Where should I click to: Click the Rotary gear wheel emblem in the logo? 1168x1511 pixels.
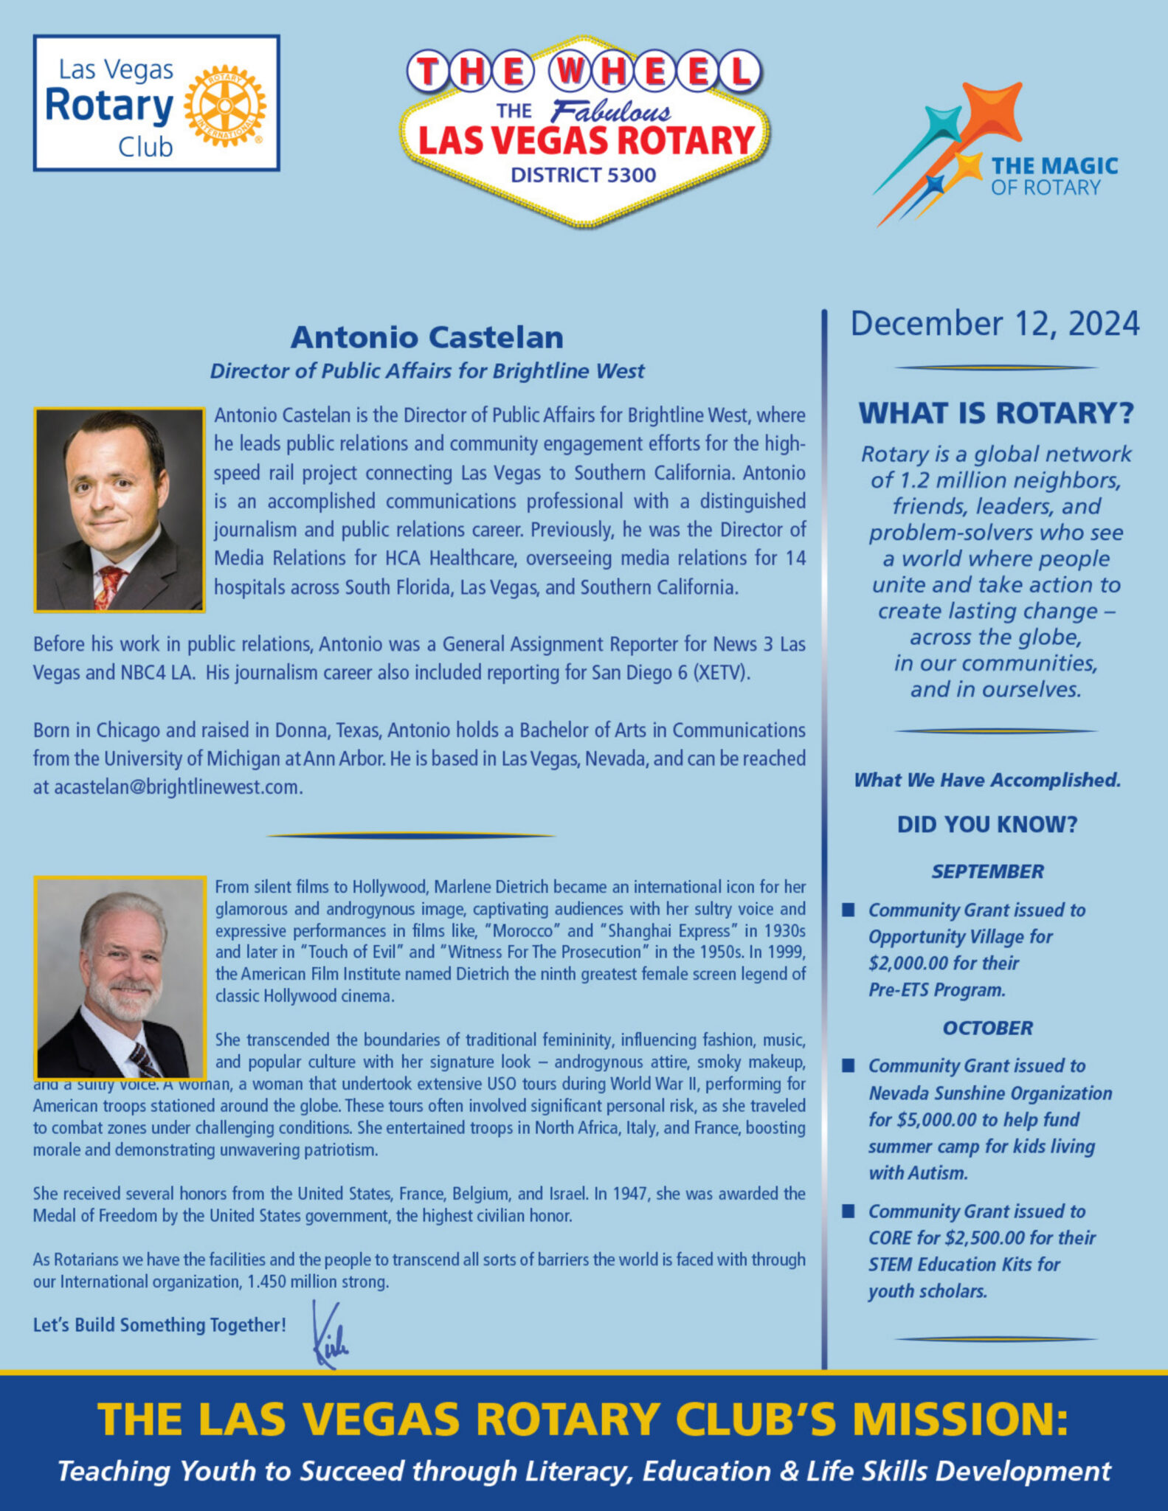[x=225, y=105]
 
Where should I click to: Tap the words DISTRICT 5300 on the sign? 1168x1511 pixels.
[x=583, y=175]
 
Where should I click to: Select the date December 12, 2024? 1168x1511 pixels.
[x=995, y=324]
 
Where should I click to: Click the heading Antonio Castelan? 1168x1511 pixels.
[x=426, y=337]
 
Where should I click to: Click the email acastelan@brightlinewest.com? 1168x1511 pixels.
[x=177, y=787]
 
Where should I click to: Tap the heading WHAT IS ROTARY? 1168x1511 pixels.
[x=995, y=413]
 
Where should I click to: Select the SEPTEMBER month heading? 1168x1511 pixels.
[x=987, y=871]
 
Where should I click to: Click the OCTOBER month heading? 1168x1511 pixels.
[x=987, y=1028]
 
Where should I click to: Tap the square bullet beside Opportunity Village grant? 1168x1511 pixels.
[x=849, y=910]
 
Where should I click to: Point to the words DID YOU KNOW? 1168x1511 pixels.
[x=987, y=824]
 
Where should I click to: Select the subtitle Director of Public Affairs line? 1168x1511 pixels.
[x=426, y=370]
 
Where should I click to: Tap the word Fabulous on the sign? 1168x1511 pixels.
[x=611, y=112]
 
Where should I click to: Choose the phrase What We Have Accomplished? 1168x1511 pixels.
[x=987, y=780]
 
